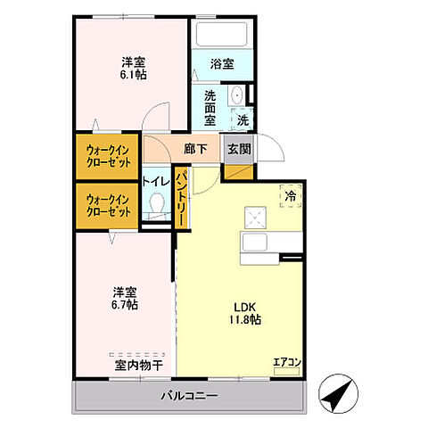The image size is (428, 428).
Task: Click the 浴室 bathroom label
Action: coord(222,64)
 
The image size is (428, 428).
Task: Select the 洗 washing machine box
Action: coord(243,119)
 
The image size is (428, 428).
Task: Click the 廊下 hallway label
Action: coord(196,149)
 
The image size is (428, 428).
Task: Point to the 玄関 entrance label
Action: coord(238,149)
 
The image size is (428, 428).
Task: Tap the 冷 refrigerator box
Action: coord(291,193)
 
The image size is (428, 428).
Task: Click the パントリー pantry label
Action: coord(181,200)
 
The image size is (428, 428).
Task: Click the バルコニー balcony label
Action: coord(186,393)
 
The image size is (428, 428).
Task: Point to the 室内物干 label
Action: coord(137,365)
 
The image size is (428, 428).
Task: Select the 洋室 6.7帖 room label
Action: coord(125,298)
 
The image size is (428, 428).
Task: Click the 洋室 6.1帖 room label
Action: coord(134,69)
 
